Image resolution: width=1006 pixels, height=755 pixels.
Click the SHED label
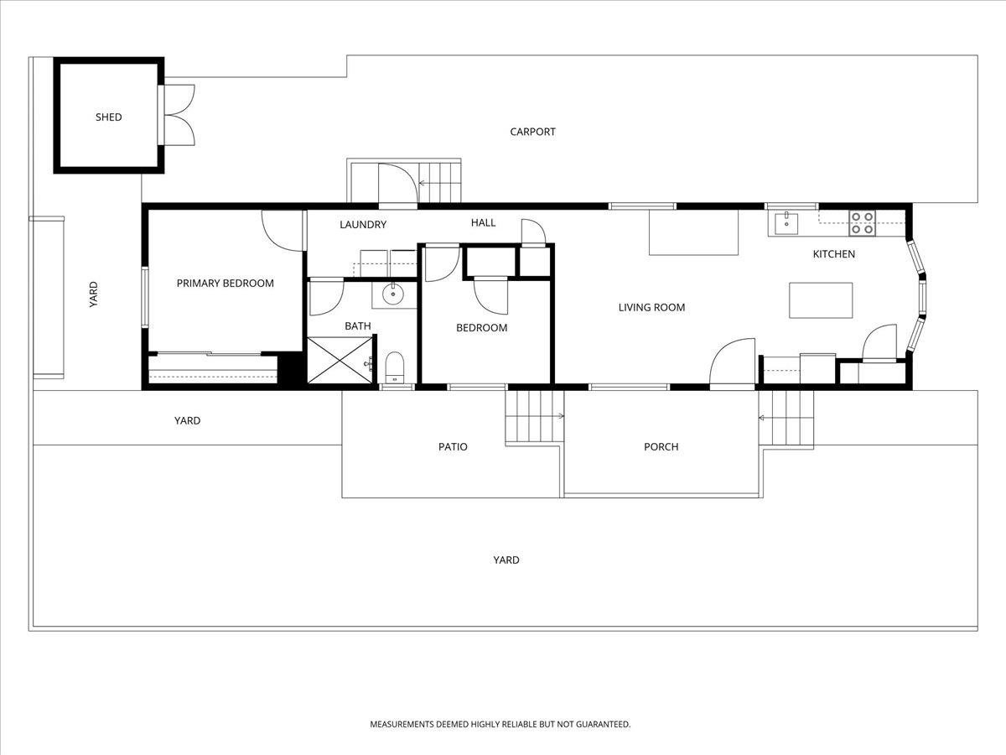108,117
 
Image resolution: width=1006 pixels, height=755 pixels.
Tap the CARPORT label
532,132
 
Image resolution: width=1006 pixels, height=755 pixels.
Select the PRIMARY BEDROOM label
225,284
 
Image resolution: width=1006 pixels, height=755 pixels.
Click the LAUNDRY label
362,225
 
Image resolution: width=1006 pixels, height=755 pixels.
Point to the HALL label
483,223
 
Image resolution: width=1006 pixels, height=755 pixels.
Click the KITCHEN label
833,254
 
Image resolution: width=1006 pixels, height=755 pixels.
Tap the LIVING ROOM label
651,308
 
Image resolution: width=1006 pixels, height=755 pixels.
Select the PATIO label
453,447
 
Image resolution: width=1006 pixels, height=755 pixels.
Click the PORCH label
661,447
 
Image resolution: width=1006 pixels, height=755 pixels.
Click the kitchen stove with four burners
862,222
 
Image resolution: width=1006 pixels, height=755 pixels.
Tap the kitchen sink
786,222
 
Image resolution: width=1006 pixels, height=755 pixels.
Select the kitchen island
821,300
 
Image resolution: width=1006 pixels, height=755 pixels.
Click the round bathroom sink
392,294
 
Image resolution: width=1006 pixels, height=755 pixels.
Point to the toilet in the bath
394,367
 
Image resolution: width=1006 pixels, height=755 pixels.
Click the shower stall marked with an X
340,360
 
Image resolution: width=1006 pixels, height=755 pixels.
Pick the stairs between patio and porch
534,417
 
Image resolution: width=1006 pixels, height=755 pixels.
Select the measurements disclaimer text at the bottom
500,724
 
